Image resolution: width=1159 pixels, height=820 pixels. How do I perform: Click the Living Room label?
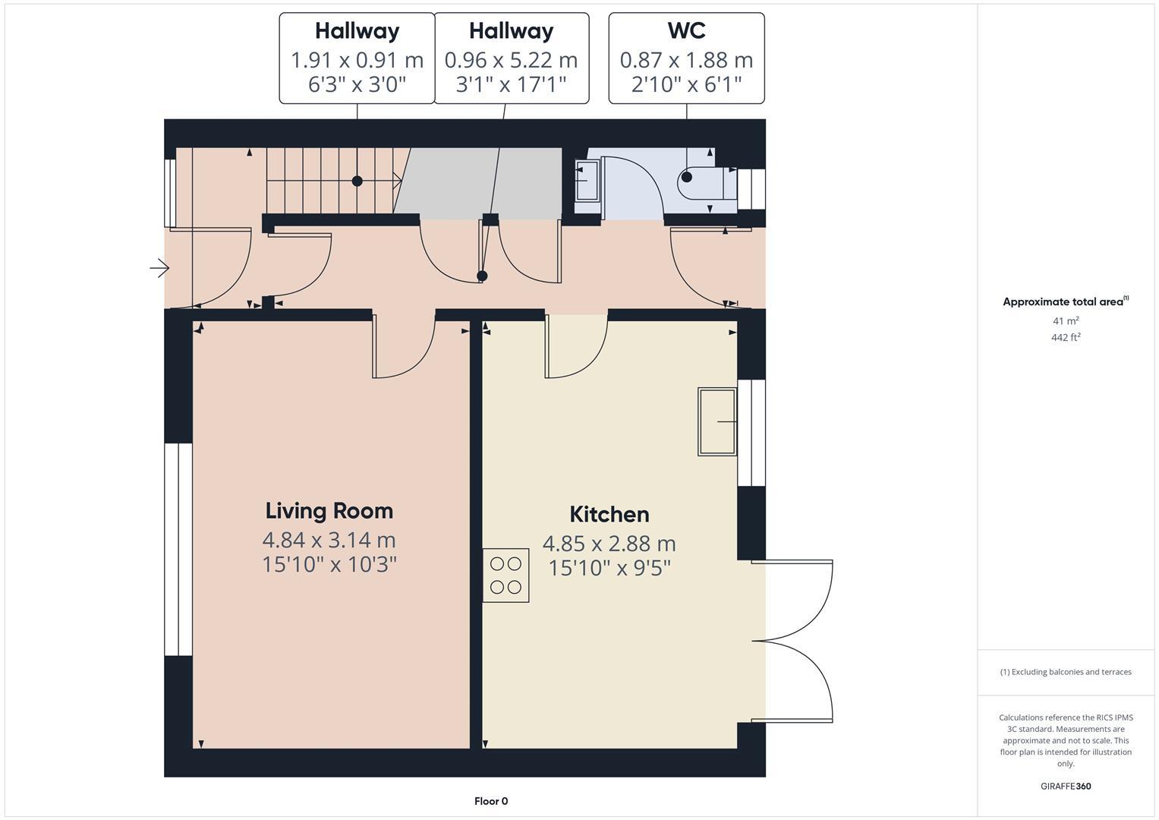point(329,511)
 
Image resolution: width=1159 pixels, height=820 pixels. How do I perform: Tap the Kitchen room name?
point(609,515)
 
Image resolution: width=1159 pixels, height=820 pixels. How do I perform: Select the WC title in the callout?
point(686,31)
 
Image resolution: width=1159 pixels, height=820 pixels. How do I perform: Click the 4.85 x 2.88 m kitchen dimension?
point(609,544)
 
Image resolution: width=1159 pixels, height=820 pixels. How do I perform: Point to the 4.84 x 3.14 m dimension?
point(329,540)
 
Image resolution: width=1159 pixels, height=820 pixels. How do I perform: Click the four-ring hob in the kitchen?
point(505,576)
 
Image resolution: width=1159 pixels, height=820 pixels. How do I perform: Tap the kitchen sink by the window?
point(717,421)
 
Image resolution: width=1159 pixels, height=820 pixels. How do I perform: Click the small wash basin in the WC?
point(586,181)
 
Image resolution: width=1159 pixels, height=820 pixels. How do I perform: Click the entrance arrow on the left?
point(159,268)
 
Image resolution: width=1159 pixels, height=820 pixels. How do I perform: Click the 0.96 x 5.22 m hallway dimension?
point(511,60)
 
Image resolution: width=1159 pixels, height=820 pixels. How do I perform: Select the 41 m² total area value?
point(1066,321)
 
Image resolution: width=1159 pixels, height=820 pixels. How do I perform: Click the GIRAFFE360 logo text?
point(1066,786)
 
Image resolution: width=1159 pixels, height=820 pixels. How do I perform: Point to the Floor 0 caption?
point(491,801)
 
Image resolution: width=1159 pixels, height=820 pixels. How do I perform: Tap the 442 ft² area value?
point(1066,338)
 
